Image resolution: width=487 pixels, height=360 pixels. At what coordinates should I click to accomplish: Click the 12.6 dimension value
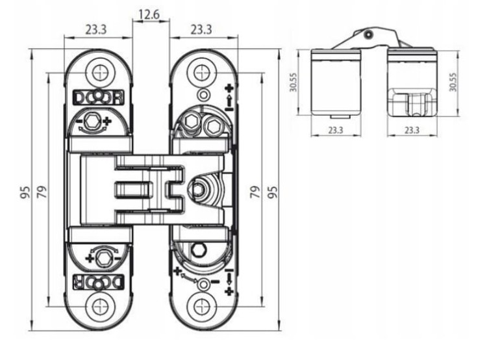149,14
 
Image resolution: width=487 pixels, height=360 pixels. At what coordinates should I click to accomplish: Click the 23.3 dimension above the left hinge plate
96,30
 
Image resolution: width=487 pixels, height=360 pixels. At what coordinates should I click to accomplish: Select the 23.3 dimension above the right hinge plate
201,30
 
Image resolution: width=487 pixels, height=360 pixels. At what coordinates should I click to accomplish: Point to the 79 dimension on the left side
42,192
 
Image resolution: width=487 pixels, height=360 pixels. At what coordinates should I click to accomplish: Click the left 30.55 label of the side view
293,82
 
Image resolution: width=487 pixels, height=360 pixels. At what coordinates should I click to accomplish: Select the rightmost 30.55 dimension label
453,82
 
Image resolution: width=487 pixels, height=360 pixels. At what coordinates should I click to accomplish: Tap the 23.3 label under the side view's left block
336,130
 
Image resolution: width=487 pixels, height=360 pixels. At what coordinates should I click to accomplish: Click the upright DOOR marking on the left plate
99,97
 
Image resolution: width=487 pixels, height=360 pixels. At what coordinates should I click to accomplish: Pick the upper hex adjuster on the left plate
92,121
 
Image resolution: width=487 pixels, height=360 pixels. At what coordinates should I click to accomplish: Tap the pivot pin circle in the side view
369,34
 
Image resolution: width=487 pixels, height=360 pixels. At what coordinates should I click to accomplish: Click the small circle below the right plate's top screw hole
203,94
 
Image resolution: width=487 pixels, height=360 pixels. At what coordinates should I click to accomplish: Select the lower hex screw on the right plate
198,249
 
